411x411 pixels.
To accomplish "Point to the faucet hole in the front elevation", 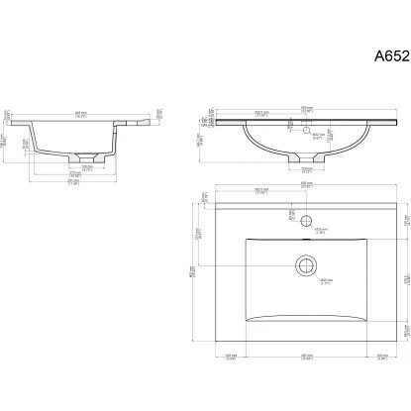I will click(x=306, y=129).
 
